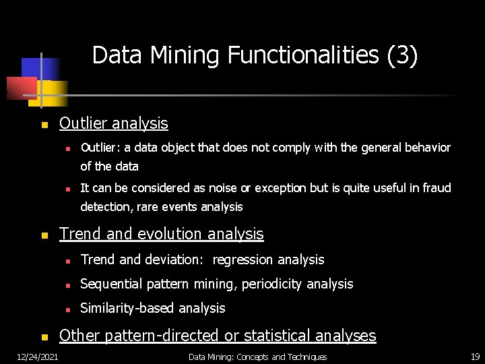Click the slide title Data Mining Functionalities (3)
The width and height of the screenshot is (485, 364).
coord(255,55)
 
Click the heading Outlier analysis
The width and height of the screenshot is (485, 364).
coord(113,123)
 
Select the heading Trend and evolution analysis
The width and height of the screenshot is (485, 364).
coord(161,234)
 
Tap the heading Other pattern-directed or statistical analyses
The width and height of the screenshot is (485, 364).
coord(218,336)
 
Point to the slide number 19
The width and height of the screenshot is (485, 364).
coord(474,357)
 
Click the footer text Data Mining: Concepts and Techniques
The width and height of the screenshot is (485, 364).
coord(257,357)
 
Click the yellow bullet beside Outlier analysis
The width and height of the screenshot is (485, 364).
coord(44,125)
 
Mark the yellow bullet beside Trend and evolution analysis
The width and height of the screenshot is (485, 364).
coord(44,236)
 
